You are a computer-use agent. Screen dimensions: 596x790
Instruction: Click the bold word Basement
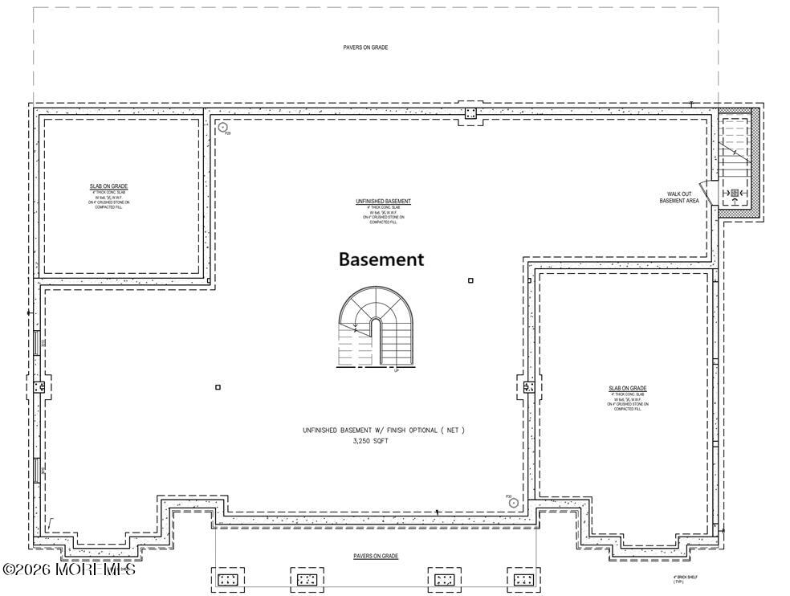click(381, 259)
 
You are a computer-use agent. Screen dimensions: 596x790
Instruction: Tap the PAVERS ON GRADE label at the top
click(365, 47)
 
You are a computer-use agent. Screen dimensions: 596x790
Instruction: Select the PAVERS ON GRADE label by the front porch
click(376, 556)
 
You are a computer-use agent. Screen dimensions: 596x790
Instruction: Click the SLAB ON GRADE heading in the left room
click(108, 186)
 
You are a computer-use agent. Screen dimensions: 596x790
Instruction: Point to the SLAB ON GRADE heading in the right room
click(628, 389)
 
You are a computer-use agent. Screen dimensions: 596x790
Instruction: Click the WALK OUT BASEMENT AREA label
click(678, 197)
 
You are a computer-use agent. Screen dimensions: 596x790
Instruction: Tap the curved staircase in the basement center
click(374, 329)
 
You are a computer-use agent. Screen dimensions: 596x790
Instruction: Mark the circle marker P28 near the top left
click(224, 127)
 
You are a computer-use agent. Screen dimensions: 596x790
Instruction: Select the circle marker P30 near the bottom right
click(514, 503)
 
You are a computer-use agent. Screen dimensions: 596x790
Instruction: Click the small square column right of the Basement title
click(470, 280)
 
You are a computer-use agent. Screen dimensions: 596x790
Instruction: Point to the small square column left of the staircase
click(218, 387)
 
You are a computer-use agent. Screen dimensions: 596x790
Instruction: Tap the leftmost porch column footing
click(227, 579)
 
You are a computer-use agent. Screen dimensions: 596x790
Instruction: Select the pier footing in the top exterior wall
click(470, 112)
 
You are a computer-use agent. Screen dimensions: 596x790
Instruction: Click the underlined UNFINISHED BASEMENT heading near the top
click(383, 201)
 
